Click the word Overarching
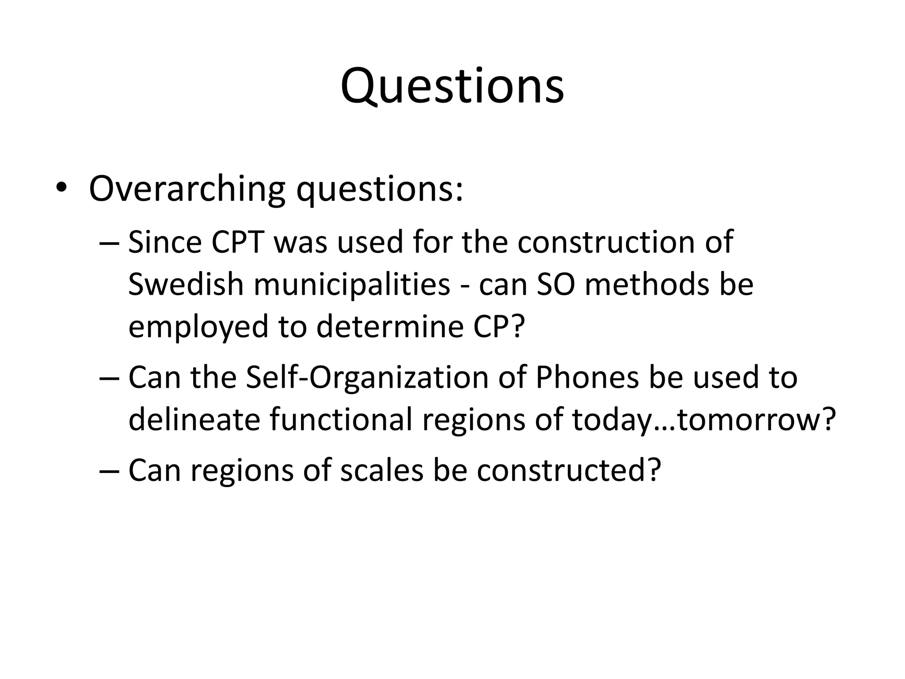point(187,189)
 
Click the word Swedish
point(186,284)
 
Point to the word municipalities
point(352,284)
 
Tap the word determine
point(390,326)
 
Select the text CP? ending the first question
point(499,326)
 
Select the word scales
point(382,470)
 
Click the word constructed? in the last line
point(569,470)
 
